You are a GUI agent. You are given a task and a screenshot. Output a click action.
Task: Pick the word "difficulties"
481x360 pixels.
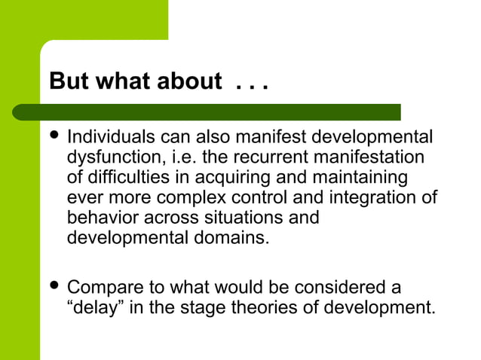(124, 178)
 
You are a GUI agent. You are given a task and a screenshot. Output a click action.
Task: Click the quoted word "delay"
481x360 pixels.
(97, 308)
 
